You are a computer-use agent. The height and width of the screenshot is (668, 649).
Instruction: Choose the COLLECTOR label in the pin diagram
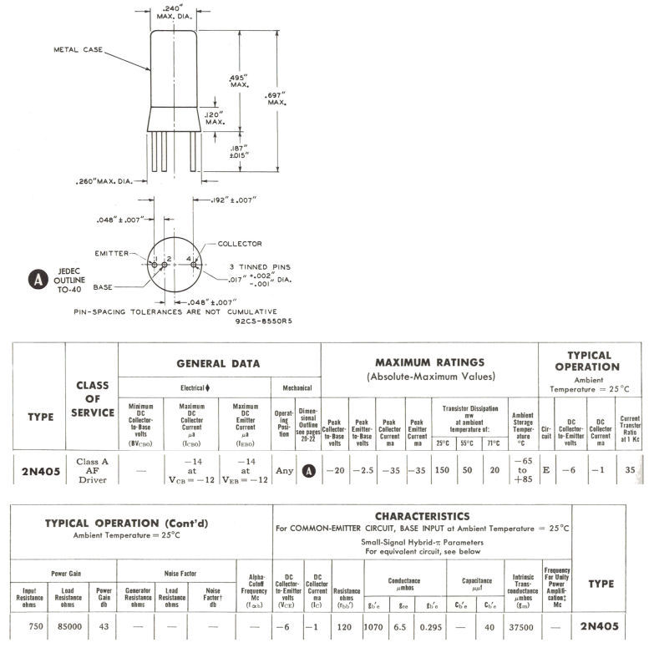tap(240, 244)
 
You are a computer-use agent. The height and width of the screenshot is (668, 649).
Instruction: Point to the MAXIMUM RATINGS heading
tap(429, 362)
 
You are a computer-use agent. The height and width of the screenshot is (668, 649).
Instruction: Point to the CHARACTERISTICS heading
tap(422, 516)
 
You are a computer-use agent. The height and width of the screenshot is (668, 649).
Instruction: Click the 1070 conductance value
tap(373, 625)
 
